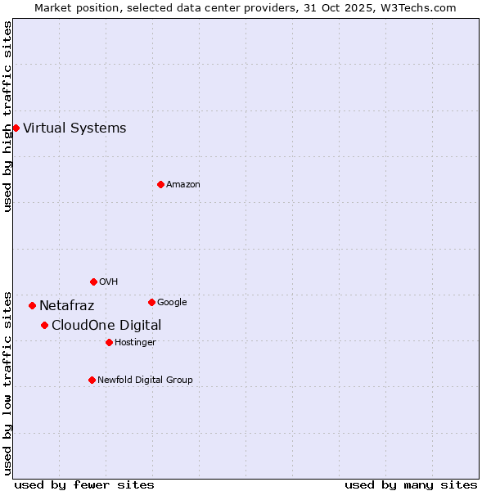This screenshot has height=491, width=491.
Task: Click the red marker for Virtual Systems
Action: tap(16, 128)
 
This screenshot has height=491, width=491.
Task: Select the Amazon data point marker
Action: tap(160, 184)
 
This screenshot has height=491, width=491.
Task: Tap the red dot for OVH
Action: tap(93, 282)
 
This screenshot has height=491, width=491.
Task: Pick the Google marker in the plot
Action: tap(151, 302)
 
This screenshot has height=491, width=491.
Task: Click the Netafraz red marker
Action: tap(32, 305)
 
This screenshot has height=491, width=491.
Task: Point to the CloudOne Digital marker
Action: tap(44, 325)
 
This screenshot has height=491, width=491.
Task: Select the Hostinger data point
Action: tap(109, 342)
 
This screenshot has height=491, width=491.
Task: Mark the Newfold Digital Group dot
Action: tap(92, 380)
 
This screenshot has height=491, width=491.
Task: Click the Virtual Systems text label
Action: tap(74, 128)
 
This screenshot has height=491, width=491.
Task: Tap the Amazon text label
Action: tap(183, 184)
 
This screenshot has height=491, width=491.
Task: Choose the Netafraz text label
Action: tap(67, 306)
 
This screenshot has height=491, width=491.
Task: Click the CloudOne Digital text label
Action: tap(106, 326)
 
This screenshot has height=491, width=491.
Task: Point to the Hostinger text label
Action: tap(135, 342)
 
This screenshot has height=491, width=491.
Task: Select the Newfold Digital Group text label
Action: tap(145, 380)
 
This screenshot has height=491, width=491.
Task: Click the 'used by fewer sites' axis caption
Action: tap(84, 484)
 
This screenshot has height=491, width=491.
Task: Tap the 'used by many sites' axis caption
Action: tap(411, 484)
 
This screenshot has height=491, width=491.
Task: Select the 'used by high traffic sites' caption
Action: tap(7, 117)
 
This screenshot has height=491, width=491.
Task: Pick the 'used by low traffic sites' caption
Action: tap(7, 382)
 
